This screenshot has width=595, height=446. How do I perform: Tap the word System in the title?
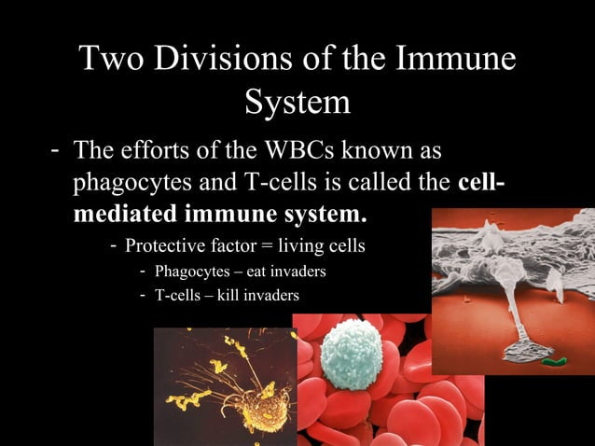[297, 102]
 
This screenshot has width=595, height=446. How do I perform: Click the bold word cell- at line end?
[483, 182]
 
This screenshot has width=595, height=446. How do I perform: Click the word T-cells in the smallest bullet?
[180, 296]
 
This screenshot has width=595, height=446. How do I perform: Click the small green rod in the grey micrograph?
[554, 356]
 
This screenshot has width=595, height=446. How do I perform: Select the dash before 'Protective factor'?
[113, 246]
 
